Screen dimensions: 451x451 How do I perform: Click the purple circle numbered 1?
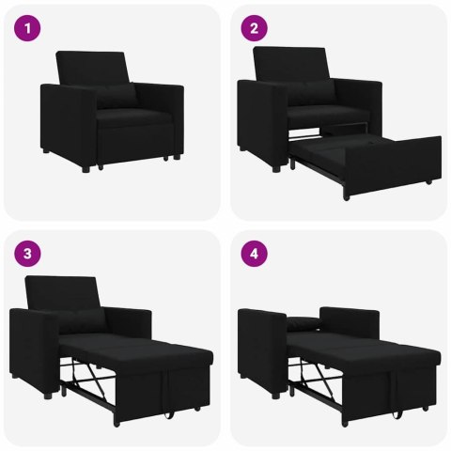(30, 30)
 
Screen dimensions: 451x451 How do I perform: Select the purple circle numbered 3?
(30, 254)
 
